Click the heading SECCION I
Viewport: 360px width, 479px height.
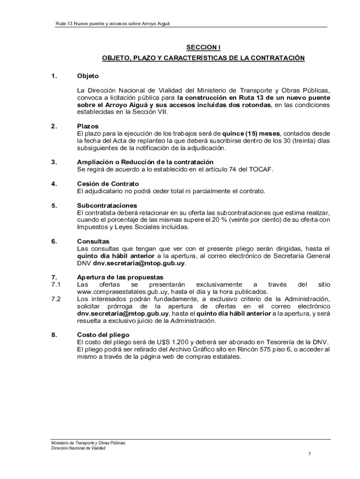[x=203, y=47]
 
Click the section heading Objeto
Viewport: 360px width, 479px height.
[x=87, y=76]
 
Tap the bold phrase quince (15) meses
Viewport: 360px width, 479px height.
[x=252, y=133]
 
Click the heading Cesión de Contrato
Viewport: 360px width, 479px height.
[x=108, y=184]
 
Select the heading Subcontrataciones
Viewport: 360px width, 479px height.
[x=107, y=205]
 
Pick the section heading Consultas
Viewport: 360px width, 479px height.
[x=93, y=241]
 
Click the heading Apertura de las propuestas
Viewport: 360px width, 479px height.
[x=120, y=277]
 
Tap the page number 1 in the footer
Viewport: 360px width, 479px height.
[x=310, y=454]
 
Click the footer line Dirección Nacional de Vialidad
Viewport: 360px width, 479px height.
[x=79, y=448]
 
